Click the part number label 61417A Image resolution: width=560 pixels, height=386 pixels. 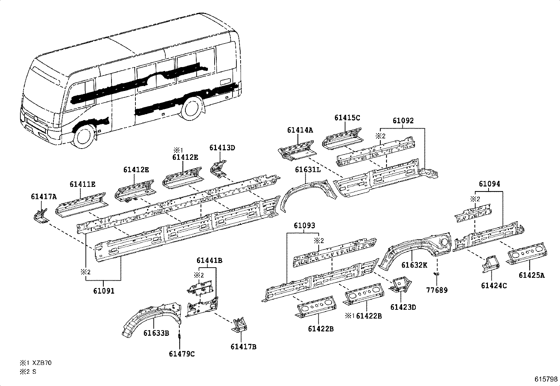(44, 197)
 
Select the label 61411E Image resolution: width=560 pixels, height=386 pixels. (82, 184)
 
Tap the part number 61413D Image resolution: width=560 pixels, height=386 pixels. (222, 148)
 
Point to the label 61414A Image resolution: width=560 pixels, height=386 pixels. (300, 130)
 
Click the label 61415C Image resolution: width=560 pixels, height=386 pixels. (347, 118)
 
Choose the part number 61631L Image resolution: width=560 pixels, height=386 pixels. (308, 170)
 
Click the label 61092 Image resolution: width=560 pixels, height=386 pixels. (403, 121)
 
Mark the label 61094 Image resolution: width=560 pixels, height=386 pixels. (489, 184)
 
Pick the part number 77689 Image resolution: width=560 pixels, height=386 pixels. (437, 290)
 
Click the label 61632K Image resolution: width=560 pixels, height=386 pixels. (414, 265)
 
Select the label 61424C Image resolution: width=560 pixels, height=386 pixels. (494, 286)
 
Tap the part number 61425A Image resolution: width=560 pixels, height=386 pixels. (531, 275)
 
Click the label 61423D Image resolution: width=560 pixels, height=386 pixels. (403, 307)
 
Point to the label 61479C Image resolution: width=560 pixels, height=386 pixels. (182, 354)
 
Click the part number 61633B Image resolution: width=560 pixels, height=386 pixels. (156, 333)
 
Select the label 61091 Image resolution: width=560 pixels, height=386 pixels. (104, 291)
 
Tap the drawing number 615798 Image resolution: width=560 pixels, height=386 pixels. (546, 379)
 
